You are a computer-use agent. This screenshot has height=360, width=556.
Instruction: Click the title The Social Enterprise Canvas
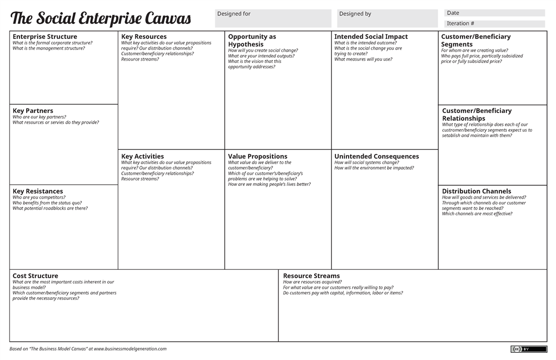(x=101, y=19)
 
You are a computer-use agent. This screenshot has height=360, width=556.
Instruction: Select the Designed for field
(x=273, y=18)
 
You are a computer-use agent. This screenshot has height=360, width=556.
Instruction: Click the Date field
(x=494, y=13)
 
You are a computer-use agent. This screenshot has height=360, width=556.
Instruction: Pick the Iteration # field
(x=494, y=24)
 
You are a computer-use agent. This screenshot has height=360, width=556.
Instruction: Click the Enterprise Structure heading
(x=45, y=37)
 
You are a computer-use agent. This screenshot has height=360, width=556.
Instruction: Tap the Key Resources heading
(x=144, y=37)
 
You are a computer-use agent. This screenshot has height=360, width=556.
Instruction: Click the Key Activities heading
(x=142, y=156)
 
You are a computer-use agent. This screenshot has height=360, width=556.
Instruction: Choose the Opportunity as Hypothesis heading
(x=252, y=40)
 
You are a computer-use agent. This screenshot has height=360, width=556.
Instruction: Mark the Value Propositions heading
(x=257, y=156)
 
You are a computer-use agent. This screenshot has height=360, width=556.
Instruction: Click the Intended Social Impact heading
(x=371, y=37)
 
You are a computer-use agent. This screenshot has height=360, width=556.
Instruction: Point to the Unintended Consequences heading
(x=376, y=156)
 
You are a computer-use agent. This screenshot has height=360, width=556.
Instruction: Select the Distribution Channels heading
(x=476, y=191)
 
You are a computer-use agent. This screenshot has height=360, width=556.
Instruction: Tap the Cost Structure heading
(x=36, y=276)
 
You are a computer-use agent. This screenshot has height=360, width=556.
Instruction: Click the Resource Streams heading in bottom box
(x=311, y=276)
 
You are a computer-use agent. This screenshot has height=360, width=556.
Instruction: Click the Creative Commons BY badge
(x=529, y=349)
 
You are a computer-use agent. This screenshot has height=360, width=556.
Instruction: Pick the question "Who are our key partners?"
(x=39, y=117)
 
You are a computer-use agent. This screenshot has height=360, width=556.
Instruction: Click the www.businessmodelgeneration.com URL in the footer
(x=130, y=349)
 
